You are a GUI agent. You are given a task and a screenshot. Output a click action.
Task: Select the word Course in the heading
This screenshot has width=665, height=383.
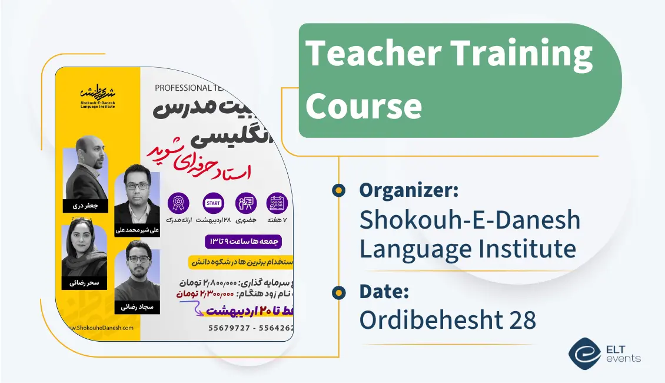click(364, 106)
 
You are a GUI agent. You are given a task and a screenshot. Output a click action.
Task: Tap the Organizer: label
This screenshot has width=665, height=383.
click(409, 190)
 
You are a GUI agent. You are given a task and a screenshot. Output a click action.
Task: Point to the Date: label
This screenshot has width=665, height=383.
click(384, 291)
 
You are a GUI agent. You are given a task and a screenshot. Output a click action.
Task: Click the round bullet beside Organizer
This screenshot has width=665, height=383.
click(338, 190)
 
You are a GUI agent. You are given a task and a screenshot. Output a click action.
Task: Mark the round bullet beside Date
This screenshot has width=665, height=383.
click(338, 292)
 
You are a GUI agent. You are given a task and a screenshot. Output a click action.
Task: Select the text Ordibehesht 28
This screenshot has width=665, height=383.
click(448, 320)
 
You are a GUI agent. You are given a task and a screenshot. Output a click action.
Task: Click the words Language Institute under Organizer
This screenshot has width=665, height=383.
click(467, 249)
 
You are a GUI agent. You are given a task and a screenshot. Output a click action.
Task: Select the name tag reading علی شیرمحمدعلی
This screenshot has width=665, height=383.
click(137, 230)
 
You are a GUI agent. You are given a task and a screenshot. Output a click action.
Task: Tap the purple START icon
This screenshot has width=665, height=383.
click(212, 203)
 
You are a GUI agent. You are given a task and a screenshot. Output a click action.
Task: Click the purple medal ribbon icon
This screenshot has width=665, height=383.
click(178, 203)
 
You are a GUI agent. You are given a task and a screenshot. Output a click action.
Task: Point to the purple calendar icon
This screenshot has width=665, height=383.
click(277, 203)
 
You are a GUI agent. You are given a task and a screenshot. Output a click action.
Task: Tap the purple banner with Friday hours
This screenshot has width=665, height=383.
click(244, 242)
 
